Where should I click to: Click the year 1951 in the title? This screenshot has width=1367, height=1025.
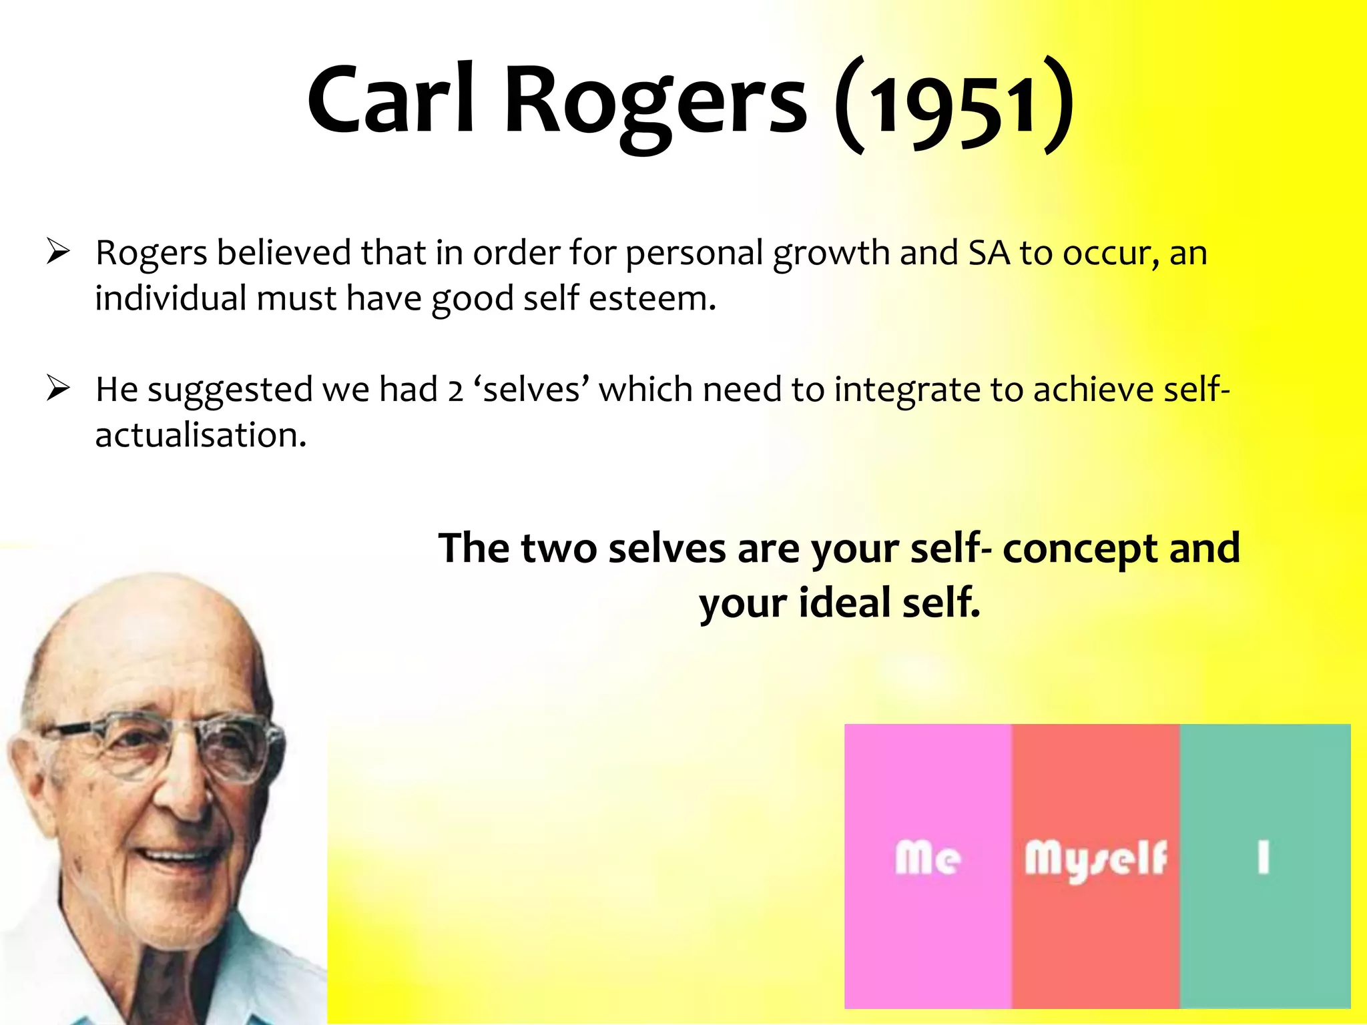pyautogui.click(x=954, y=107)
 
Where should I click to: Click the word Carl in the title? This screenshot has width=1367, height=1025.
pyautogui.click(x=390, y=100)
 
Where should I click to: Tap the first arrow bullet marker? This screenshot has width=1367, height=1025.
pyautogui.click(x=59, y=252)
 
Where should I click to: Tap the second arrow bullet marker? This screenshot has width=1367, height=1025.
pyautogui.click(x=59, y=389)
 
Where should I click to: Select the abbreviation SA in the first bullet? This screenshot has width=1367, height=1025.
pyautogui.click(x=989, y=253)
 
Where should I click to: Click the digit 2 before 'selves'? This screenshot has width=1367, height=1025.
pyautogui.click(x=455, y=390)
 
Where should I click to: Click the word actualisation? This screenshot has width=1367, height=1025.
pyautogui.click(x=200, y=435)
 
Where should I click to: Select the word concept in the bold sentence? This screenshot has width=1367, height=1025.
pyautogui.click(x=1080, y=549)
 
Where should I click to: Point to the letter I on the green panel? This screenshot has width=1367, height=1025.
pyautogui.click(x=1263, y=858)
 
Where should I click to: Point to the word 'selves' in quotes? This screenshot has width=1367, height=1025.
pyautogui.click(x=531, y=390)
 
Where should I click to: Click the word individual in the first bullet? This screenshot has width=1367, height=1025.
pyautogui.click(x=170, y=298)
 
